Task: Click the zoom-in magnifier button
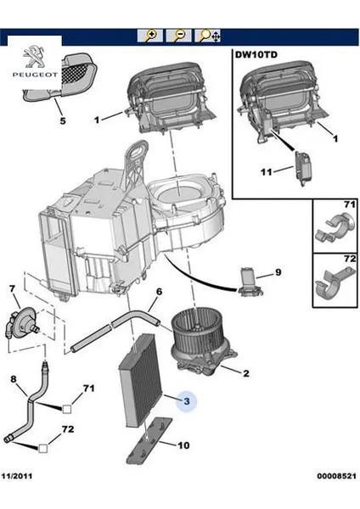(150, 36)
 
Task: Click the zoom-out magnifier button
(178, 36)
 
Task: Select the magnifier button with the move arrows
(208, 36)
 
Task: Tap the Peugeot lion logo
(35, 56)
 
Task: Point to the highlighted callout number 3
(187, 401)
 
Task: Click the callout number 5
(63, 120)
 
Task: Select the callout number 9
(278, 272)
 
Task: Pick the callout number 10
(183, 445)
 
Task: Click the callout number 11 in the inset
(266, 171)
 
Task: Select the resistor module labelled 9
(250, 282)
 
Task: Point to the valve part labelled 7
(22, 323)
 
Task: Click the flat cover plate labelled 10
(149, 440)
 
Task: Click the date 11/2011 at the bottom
(17, 476)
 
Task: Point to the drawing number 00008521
(336, 476)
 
